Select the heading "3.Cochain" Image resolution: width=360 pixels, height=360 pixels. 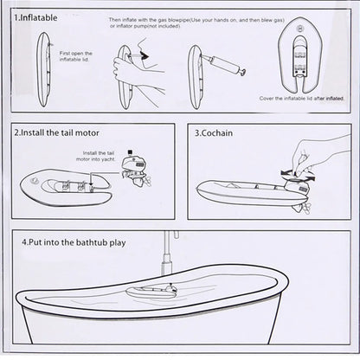pos(216,135)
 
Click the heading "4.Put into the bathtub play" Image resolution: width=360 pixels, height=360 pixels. pos(74,243)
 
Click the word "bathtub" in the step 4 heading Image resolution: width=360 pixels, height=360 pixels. pos(87,243)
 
